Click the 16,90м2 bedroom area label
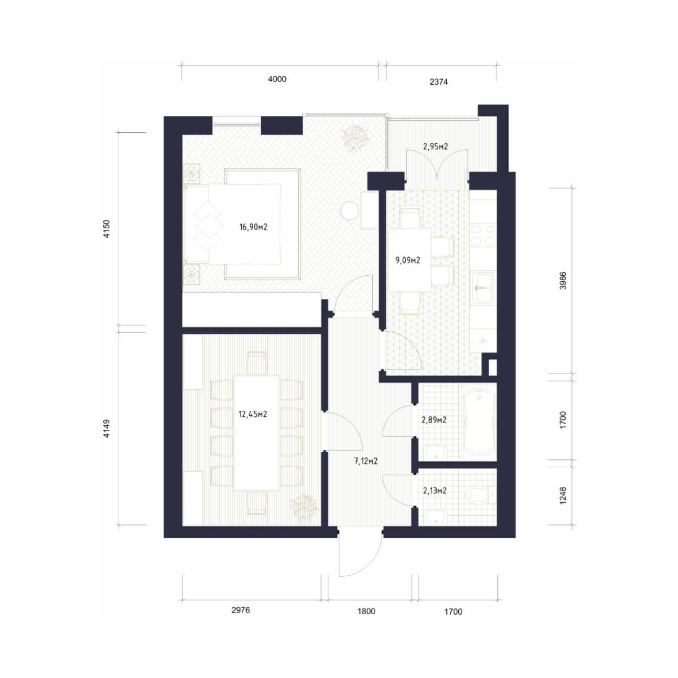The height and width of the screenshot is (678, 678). pyautogui.click(x=253, y=227)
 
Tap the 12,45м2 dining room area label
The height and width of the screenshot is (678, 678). pyautogui.click(x=253, y=414)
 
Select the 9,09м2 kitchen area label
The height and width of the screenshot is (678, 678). pyautogui.click(x=408, y=260)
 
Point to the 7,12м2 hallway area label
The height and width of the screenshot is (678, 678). pyautogui.click(x=366, y=461)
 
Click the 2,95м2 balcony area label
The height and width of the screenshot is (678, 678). pyautogui.click(x=436, y=146)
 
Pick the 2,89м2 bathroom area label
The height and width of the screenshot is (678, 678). pyautogui.click(x=434, y=420)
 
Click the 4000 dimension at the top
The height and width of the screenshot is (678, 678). pyautogui.click(x=277, y=79)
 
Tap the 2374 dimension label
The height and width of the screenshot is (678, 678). pyautogui.click(x=439, y=82)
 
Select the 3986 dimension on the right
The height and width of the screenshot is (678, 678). pyautogui.click(x=563, y=280)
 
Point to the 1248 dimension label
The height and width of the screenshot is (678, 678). pyautogui.click(x=563, y=496)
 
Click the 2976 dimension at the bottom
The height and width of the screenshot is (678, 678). pyautogui.click(x=241, y=610)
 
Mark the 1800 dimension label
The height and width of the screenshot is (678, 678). pyautogui.click(x=366, y=611)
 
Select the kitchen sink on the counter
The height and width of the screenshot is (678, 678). pyautogui.click(x=483, y=287)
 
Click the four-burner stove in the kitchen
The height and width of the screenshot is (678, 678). pyautogui.click(x=483, y=235)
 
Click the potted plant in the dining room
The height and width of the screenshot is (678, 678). pyautogui.click(x=304, y=508)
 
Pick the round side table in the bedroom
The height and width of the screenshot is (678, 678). pyautogui.click(x=350, y=210)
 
